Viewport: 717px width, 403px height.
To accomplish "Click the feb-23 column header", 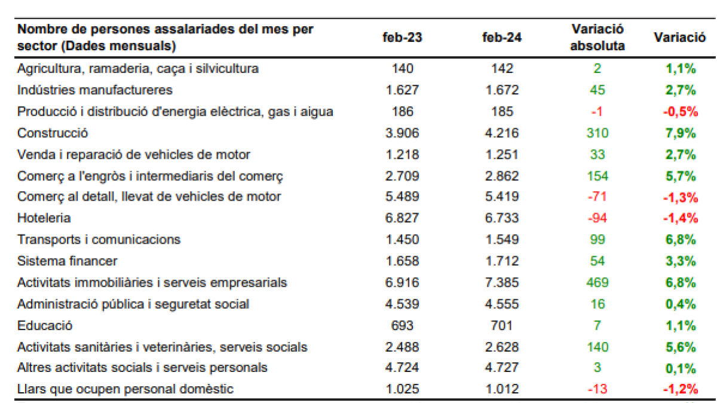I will coord(402,38).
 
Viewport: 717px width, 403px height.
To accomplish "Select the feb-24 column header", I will coord(501,38).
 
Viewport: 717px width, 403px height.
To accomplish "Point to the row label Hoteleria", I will coord(44,219).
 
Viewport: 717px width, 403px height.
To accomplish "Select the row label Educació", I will coord(45,325).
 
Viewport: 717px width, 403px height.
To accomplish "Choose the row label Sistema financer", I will coord(67,261).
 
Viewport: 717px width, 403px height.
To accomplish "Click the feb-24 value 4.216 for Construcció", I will coord(501,133).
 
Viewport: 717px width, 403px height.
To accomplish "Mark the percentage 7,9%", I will coord(681,133).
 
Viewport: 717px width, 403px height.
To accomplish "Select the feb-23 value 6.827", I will coord(402,219).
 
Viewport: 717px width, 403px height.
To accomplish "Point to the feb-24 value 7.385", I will coord(501,282).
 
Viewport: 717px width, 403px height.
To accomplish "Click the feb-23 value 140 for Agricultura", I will coord(402,69).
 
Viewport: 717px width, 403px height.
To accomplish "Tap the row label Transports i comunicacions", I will coord(99,239).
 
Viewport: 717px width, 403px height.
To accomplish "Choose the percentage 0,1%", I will coord(681,368).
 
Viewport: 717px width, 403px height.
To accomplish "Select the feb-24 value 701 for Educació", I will coord(501,325).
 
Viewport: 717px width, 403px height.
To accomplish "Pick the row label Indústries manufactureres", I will coord(94,90).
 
